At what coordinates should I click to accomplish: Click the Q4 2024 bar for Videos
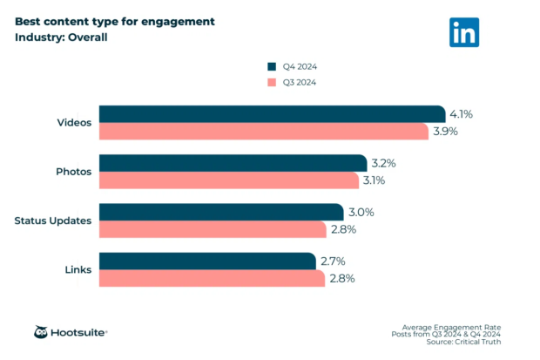click(272, 114)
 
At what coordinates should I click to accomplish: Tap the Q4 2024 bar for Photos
click(233, 163)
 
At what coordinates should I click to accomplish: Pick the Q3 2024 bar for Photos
click(228, 180)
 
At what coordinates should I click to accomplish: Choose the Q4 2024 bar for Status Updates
click(221, 212)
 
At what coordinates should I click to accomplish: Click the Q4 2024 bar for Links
click(207, 261)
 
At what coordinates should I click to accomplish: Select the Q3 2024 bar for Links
click(212, 278)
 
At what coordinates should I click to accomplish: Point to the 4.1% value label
click(461, 114)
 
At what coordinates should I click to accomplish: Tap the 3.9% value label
click(444, 132)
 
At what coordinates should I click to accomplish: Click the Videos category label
click(73, 123)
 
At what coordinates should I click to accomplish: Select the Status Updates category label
click(53, 221)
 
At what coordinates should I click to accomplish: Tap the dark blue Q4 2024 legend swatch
click(272, 66)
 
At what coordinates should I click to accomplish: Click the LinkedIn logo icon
click(464, 31)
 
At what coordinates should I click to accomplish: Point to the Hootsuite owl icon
click(42, 332)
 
